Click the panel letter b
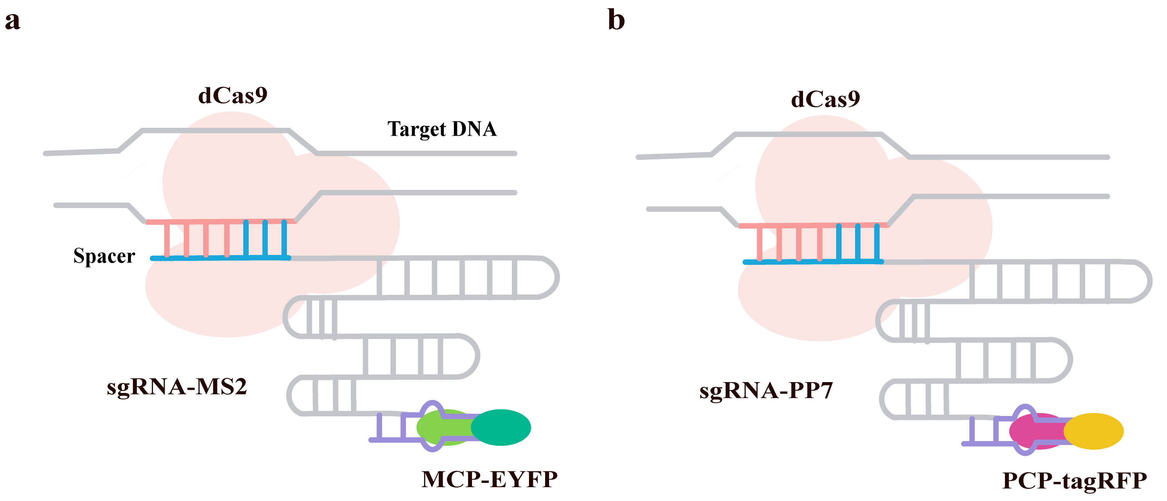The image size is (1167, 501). click(x=616, y=20)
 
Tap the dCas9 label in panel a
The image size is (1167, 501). click(x=233, y=96)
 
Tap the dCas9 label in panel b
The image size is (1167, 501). click(x=825, y=99)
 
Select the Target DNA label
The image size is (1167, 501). click(x=442, y=129)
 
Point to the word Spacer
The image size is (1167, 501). click(x=104, y=256)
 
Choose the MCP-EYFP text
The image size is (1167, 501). click(x=489, y=479)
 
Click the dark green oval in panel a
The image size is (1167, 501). click(x=501, y=427)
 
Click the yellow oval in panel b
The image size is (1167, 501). click(x=1094, y=431)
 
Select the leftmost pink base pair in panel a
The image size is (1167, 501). click(x=167, y=240)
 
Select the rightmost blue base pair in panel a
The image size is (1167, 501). click(x=284, y=239)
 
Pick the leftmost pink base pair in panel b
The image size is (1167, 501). click(x=760, y=244)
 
